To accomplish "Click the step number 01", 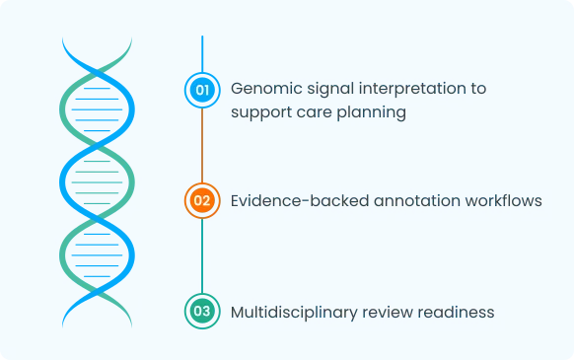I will point(202,90).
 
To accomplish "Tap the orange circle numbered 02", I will point(202,200).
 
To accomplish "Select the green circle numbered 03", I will point(202,312).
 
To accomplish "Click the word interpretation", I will point(409,89).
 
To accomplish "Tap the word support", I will point(260,113).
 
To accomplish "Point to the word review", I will point(388,312).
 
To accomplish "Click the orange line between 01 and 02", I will point(202,143).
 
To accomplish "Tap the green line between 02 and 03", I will point(202,257).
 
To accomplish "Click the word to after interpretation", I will point(477,89).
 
